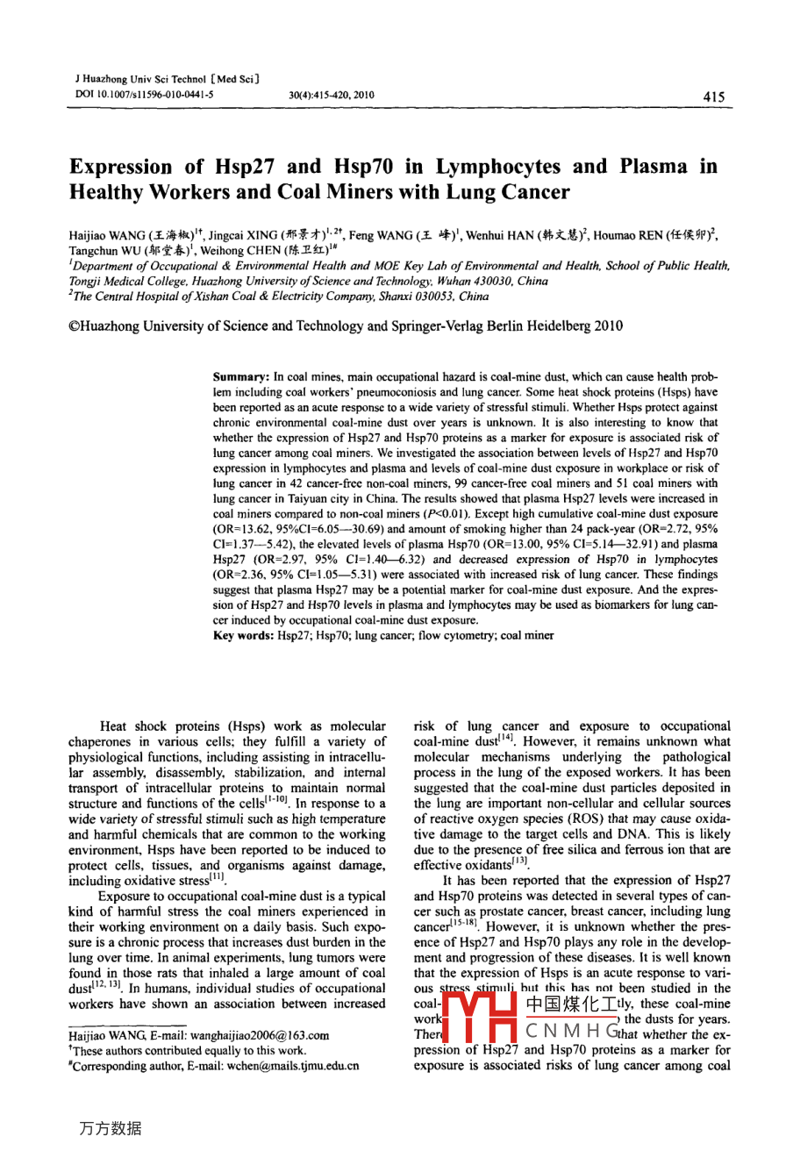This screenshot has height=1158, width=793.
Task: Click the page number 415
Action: tap(714, 97)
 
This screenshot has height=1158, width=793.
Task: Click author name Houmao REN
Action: tap(638, 236)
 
